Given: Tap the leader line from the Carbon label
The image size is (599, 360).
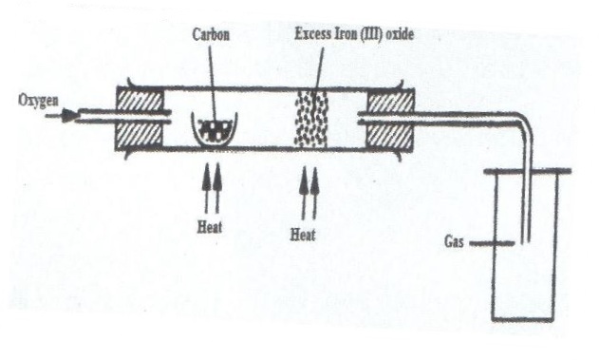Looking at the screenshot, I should [214, 85].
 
